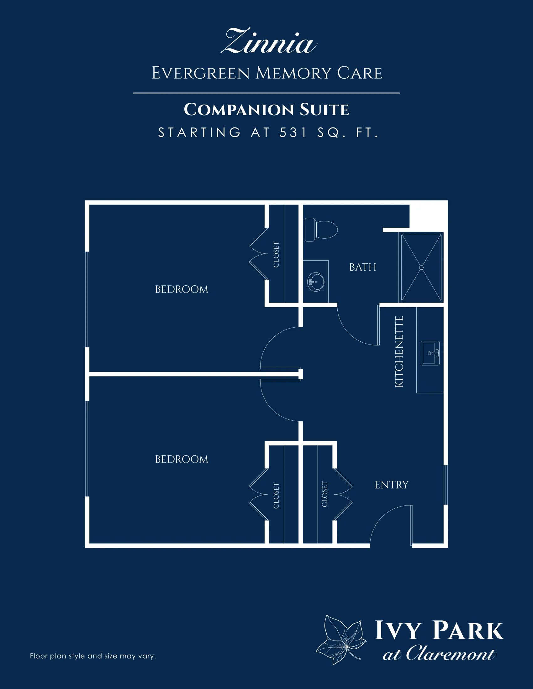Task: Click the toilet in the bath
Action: coord(321,229)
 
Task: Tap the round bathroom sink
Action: coord(315,281)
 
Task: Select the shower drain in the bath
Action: coord(421,267)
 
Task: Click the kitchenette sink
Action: coord(430,353)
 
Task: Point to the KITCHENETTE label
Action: coord(399,351)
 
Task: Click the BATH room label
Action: coord(363,267)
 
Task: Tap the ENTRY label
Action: coord(392,484)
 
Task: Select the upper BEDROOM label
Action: coord(182,289)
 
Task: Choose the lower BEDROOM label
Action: coord(182,459)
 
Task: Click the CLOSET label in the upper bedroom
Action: coord(276,255)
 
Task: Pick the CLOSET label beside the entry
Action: coord(325,494)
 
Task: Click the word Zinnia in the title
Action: coord(269,41)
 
